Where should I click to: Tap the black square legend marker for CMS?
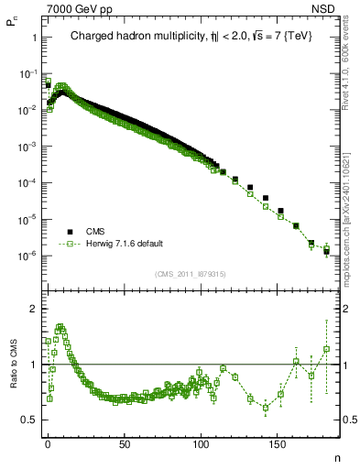tap(70, 232)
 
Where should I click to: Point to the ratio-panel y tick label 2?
tap(32, 309)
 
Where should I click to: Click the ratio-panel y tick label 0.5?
tap(27, 420)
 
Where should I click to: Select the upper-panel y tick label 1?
tap(33, 38)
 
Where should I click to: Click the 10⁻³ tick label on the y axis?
tap(27, 147)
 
